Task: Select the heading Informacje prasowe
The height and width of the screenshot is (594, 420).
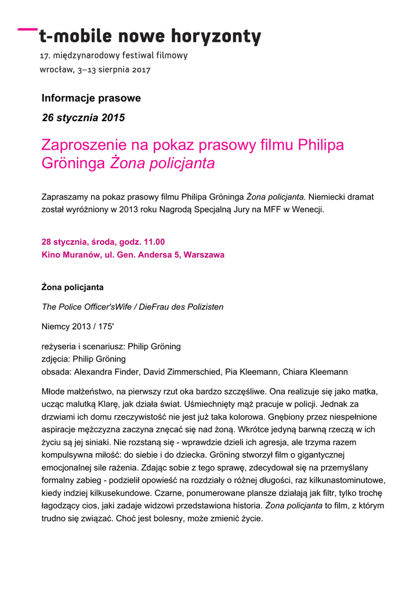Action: click(x=91, y=98)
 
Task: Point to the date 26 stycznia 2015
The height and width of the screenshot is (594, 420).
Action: click(x=84, y=118)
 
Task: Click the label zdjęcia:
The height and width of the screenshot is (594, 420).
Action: click(x=57, y=359)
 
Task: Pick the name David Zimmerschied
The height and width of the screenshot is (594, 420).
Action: click(x=178, y=372)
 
